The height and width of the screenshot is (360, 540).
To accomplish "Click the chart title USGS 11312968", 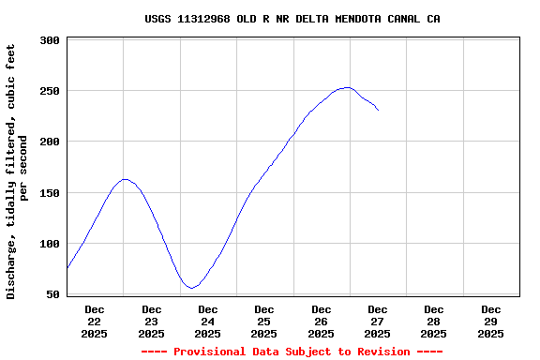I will (x=292, y=19).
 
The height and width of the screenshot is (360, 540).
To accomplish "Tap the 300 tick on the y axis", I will (x=51, y=41).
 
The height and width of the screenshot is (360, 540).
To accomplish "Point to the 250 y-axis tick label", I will (x=51, y=92).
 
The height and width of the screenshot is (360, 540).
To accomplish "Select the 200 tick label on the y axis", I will (x=51, y=142).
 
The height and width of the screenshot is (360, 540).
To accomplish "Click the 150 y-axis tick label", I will (x=51, y=193).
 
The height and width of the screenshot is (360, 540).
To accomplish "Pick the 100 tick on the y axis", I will (x=51, y=244).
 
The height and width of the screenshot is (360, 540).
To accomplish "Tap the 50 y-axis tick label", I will (x=53, y=294).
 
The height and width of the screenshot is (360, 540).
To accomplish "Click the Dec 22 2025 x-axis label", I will (x=95, y=321).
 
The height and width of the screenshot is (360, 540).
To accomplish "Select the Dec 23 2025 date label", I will (x=151, y=321).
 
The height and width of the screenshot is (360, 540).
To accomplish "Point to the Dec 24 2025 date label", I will (x=208, y=321).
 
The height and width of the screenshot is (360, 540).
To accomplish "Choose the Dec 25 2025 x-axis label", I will (x=264, y=321).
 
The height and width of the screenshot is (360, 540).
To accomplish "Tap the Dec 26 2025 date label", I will (x=321, y=321).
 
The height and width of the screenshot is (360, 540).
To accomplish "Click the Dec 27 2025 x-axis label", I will (x=378, y=321).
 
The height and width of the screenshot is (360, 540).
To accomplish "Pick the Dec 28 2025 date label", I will (x=434, y=321).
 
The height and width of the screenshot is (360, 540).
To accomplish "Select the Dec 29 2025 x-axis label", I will (x=490, y=321).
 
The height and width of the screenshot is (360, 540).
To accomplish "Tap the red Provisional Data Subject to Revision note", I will (x=292, y=352).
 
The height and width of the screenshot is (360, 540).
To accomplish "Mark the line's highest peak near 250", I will (x=347, y=87).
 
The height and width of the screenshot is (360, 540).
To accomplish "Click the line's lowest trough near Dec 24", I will (x=191, y=288).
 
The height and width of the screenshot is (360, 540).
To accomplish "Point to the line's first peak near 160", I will (x=125, y=179).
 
